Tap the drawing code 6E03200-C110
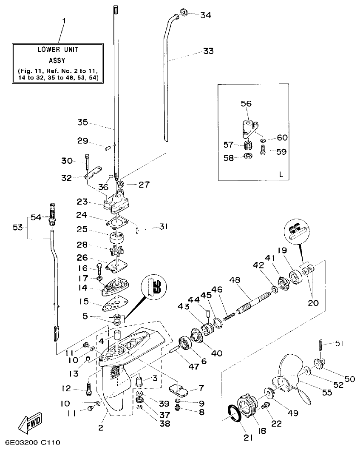point(31,442)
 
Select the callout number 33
point(208,51)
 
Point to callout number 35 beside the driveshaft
point(82,122)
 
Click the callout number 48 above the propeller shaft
point(235,281)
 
